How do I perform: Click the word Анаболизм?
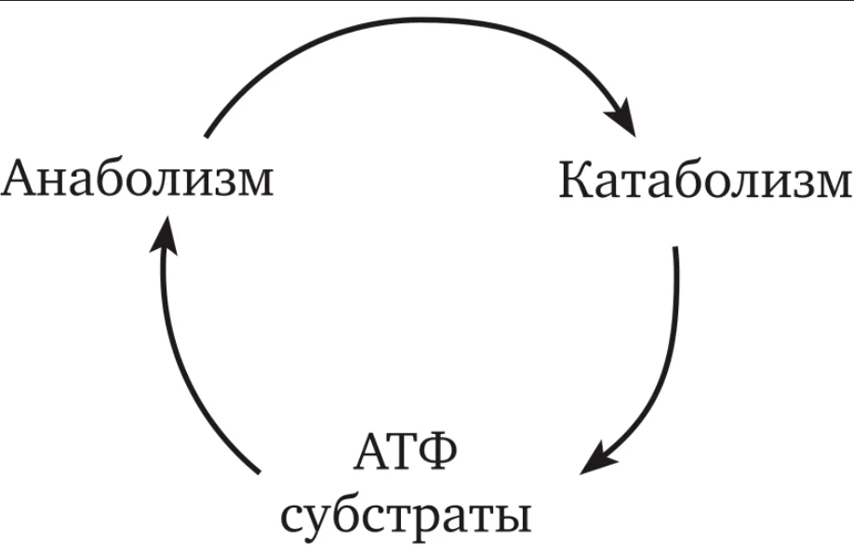(138, 179)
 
